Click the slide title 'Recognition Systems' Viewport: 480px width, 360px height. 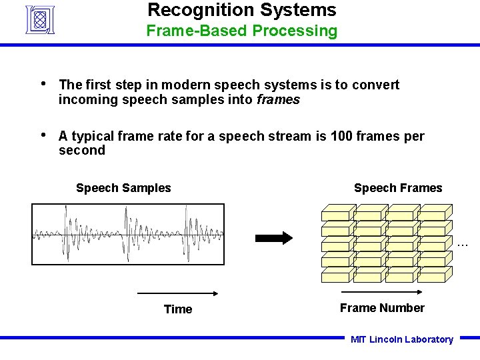tap(241, 10)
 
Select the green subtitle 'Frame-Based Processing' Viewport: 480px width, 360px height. tap(241, 31)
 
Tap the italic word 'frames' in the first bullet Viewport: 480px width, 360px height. tap(277, 100)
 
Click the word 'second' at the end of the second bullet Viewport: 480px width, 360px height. tap(82, 151)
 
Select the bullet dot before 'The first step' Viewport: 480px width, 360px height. tap(43, 84)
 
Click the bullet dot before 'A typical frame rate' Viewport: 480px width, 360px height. tap(43, 135)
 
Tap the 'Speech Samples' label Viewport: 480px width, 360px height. tap(123, 188)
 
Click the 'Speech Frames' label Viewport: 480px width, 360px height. tap(398, 188)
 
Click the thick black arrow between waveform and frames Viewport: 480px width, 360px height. tap(274, 238)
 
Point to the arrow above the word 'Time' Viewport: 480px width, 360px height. tap(178, 293)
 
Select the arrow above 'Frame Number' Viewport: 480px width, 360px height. tap(381, 292)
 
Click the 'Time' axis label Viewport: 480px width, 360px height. tap(178, 309)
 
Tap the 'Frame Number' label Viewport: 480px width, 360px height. tap(382, 308)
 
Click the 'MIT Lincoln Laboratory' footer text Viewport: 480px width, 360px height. tap(401, 339)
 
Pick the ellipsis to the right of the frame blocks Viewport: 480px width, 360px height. tap(463, 245)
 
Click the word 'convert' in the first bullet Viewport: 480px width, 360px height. tap(375, 85)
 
